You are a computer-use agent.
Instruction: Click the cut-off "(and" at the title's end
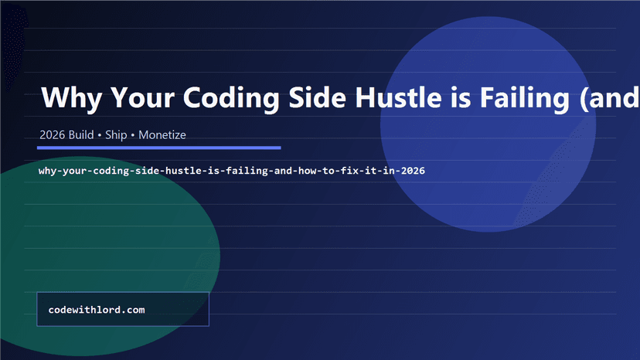614,99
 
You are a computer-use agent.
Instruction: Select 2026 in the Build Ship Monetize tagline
53,135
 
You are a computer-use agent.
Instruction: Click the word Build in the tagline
81,135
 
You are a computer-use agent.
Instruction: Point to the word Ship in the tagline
117,135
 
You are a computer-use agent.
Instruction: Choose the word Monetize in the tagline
162,135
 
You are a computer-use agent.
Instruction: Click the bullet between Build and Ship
100,135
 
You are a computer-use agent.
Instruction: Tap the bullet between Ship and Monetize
133,135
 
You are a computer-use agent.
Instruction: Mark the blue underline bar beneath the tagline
159,147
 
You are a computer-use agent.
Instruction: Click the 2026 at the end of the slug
412,170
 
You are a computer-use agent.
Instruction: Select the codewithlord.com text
97,310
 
